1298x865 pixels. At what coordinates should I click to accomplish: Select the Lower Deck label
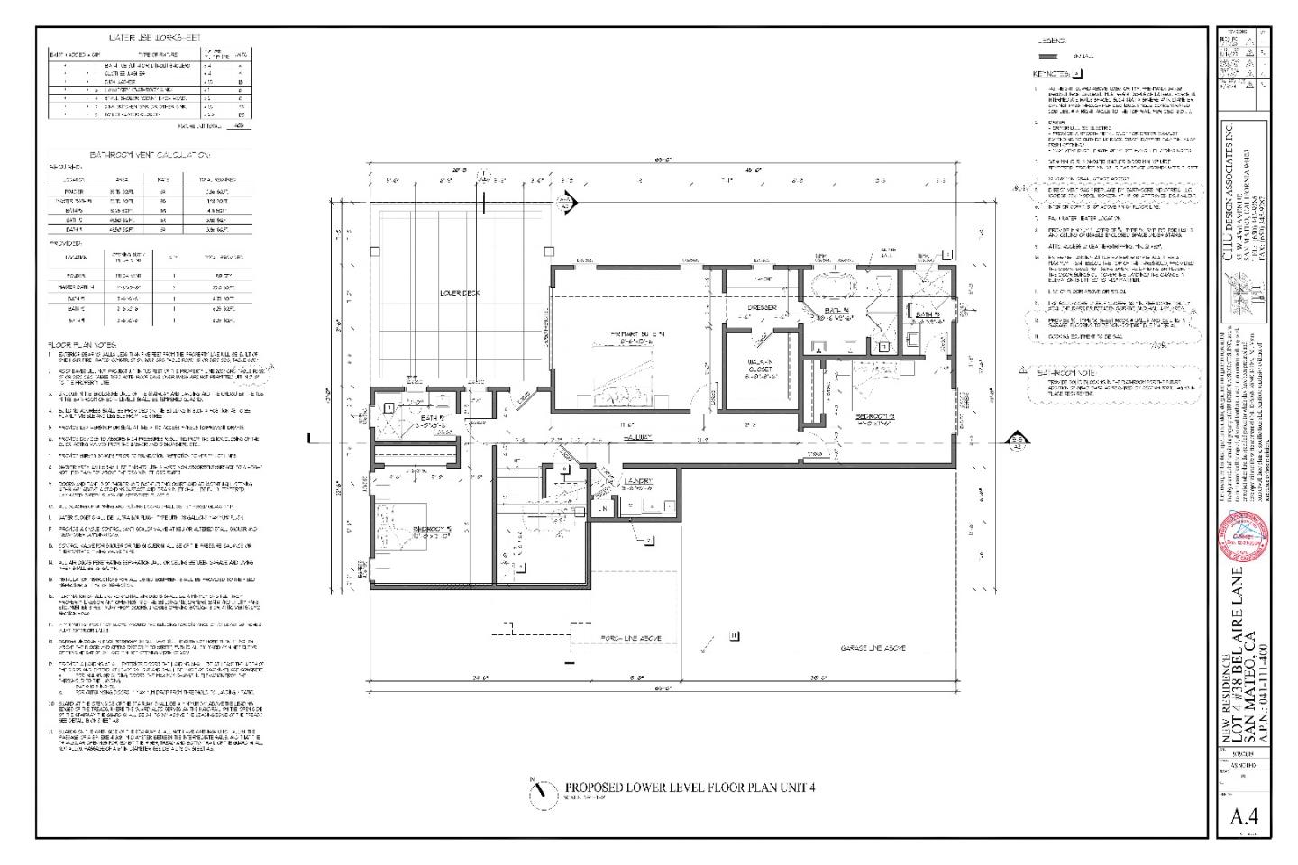pos(460,292)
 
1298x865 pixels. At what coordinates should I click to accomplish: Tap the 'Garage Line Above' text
pos(873,648)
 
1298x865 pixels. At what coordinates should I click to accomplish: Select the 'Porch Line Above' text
pos(630,638)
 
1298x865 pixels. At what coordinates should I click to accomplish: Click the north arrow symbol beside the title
pos(539,789)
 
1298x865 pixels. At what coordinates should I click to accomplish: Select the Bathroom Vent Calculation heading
pos(150,155)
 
